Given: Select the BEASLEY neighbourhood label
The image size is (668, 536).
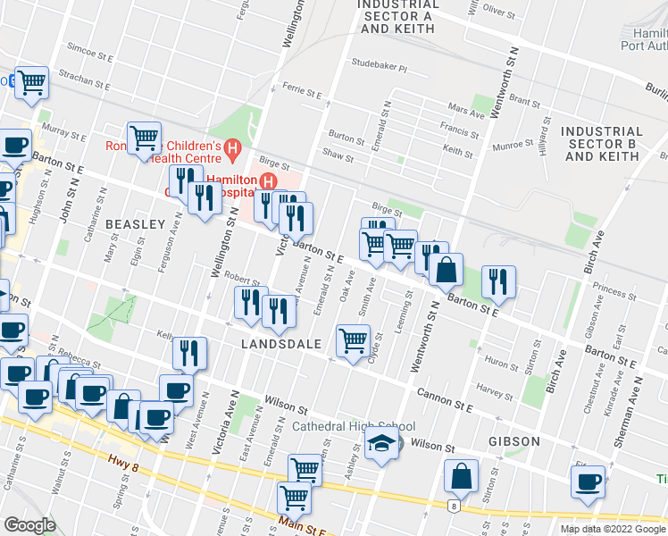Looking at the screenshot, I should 136,223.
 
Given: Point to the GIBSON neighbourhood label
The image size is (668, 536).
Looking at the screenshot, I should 514,441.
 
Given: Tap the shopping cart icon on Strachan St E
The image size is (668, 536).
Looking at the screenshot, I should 32,83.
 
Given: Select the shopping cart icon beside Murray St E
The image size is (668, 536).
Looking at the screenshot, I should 144,138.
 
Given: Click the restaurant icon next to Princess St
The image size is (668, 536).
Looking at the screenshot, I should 498,281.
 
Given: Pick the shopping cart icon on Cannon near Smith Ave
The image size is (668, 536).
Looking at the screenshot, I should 354,340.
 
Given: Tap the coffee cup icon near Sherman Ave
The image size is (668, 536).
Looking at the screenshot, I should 589,482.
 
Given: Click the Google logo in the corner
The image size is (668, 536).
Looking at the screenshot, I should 29,525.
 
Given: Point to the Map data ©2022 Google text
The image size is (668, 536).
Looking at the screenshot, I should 613,529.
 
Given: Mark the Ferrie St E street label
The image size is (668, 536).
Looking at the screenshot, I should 301,91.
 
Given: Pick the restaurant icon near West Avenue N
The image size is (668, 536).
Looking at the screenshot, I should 189,353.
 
